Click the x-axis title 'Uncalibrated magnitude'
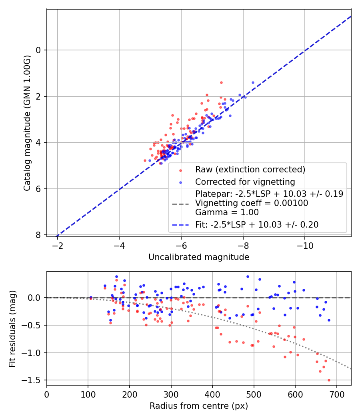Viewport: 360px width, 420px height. [x=199, y=257]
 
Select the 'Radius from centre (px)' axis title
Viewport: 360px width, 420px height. [x=199, y=406]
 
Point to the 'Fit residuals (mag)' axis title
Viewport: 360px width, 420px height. [x=12, y=328]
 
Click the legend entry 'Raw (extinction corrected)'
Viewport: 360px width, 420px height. [x=250, y=170]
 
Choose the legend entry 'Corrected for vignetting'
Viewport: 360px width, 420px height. [x=245, y=182]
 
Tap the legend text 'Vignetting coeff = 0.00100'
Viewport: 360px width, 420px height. [x=251, y=203]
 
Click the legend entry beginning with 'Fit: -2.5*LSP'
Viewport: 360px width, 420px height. [x=256, y=225]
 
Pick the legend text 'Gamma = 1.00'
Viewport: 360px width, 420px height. [x=227, y=212]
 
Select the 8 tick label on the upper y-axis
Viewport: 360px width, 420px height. [x=38, y=235]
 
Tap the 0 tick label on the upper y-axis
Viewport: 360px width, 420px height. [x=38, y=50]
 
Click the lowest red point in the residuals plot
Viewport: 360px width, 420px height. [x=329, y=380]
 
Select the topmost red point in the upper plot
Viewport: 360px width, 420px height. [x=221, y=82]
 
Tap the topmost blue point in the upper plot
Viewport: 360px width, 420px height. [x=253, y=82]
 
